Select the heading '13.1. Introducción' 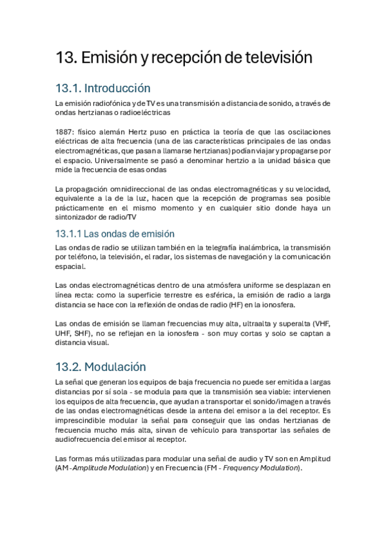[102, 88]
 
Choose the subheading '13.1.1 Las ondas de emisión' [115, 234]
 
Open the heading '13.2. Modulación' [101, 366]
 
